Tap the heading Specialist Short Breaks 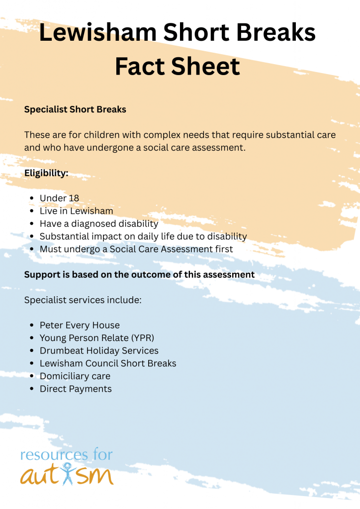pyautogui.click(x=75, y=109)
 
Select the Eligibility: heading pyautogui.click(x=46, y=173)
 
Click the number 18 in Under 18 pyautogui.click(x=74, y=198)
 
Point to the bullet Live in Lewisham pyautogui.click(x=76, y=211)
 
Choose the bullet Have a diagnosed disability pyautogui.click(x=98, y=224)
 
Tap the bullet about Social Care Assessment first pyautogui.click(x=136, y=249)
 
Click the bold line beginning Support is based pyautogui.click(x=139, y=274)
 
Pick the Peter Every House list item pyautogui.click(x=80, y=326)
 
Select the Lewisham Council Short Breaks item pyautogui.click(x=108, y=363)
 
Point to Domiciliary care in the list pyautogui.click(x=75, y=376)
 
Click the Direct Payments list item pyautogui.click(x=76, y=389)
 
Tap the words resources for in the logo pyautogui.click(x=67, y=455)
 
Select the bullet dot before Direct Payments pyautogui.click(x=32, y=389)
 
